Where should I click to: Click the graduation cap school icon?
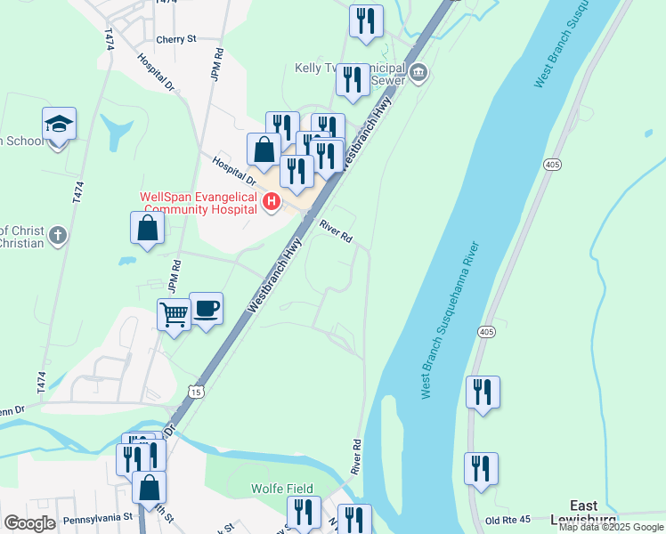59,125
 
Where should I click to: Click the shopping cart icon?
174,313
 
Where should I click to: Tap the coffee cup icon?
206,308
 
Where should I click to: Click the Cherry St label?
175,39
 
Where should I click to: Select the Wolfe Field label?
281,489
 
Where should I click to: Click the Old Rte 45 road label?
508,520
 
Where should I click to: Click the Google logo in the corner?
29,523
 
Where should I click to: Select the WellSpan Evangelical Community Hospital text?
198,203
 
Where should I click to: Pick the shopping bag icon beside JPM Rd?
147,228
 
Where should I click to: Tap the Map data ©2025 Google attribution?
611,527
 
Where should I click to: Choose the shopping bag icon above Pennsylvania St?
149,487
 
